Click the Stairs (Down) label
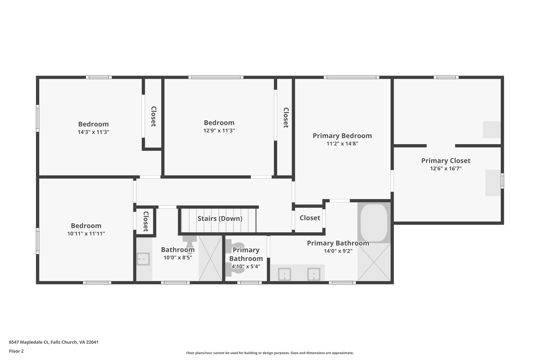click(x=220, y=218)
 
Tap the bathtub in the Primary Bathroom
click(x=374, y=223)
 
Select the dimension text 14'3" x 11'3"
click(x=93, y=132)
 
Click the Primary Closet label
click(x=446, y=161)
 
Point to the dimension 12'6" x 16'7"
click(x=446, y=169)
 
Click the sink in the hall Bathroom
click(x=143, y=259)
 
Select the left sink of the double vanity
click(x=285, y=274)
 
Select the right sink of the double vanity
click(x=314, y=274)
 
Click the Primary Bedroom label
click(x=342, y=136)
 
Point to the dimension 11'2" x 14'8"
click(x=342, y=144)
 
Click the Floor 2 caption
click(x=16, y=351)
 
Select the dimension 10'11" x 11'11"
click(x=86, y=234)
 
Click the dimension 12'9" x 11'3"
click(x=219, y=131)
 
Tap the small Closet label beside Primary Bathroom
click(x=310, y=218)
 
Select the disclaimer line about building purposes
click(x=270, y=353)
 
